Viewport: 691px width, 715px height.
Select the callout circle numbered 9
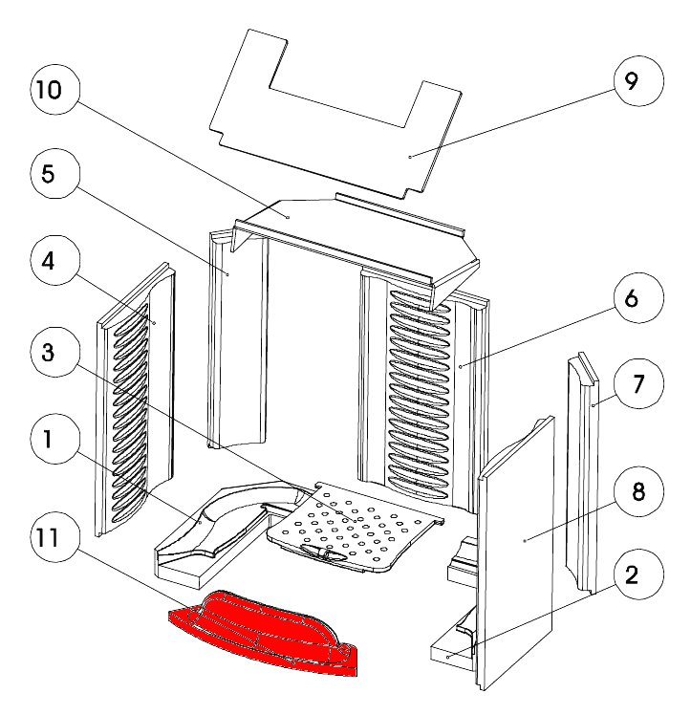[x=630, y=81]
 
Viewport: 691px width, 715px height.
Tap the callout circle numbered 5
[x=48, y=175]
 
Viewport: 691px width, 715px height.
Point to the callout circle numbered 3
[x=48, y=352]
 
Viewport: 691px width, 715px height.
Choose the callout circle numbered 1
[x=48, y=441]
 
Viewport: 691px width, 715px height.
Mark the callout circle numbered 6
[x=630, y=298]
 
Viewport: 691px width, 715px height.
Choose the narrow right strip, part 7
[x=585, y=478]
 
